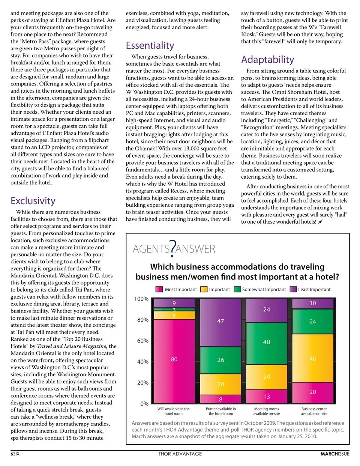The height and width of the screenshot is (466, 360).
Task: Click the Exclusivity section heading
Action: [x=33, y=201]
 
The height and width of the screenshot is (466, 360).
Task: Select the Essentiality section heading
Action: [x=150, y=46]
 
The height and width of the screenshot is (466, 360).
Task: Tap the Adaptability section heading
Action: [x=267, y=60]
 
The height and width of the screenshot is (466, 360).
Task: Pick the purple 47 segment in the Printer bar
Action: [x=220, y=322]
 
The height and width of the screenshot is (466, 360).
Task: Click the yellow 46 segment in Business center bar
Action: [x=313, y=358]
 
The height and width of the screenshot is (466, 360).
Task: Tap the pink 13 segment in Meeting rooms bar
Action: [x=267, y=396]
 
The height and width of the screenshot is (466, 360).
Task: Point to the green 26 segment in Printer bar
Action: [x=220, y=360]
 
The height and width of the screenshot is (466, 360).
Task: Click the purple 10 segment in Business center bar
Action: [x=313, y=303]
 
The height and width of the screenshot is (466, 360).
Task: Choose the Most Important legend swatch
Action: [x=159, y=289]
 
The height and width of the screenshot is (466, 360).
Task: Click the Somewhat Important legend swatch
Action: [x=237, y=289]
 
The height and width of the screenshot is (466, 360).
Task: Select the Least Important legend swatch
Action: [x=293, y=289]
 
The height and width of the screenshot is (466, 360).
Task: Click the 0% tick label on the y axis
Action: [x=144, y=404]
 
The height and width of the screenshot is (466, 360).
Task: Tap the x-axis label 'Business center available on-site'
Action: [x=314, y=411]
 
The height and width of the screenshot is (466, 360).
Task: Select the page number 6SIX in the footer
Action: [x=15, y=454]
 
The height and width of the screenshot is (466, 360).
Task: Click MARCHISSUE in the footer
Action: [x=334, y=454]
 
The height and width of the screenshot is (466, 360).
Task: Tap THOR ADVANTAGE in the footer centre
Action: [x=180, y=454]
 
